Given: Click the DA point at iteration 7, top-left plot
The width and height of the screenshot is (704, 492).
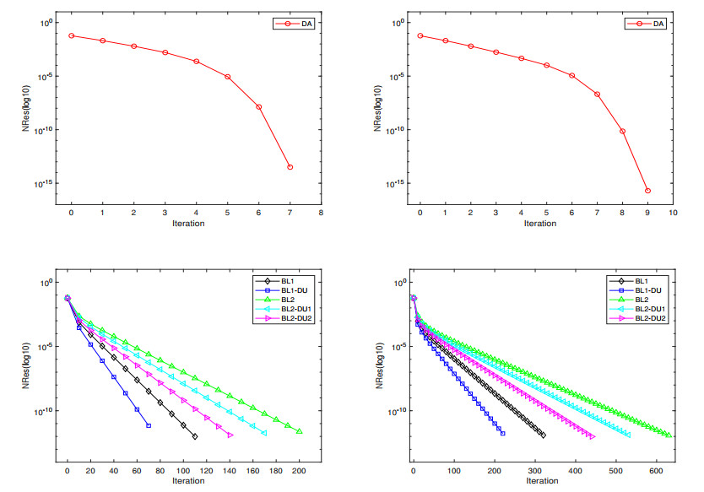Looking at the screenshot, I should [x=290, y=167].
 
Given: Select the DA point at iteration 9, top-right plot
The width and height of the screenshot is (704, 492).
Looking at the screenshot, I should [x=647, y=191].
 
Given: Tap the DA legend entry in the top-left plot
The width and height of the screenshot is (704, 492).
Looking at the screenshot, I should [x=294, y=24].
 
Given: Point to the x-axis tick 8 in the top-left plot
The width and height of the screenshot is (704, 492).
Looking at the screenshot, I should [x=321, y=213].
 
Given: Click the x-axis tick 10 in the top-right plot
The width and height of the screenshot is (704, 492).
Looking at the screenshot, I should [x=673, y=213].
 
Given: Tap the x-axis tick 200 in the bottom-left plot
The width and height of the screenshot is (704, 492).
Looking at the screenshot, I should [x=299, y=470].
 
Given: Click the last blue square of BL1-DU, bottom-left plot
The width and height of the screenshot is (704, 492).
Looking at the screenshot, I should [x=149, y=425].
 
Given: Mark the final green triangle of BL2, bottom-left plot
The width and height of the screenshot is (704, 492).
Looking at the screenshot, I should [x=299, y=431].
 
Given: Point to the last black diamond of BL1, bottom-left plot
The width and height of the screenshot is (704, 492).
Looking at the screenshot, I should [x=195, y=436].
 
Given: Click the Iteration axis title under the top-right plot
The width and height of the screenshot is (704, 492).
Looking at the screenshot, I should [x=540, y=224].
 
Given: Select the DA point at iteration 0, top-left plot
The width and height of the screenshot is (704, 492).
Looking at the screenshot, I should [x=72, y=35].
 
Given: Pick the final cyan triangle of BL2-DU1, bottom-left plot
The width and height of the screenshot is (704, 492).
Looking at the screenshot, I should [x=264, y=433].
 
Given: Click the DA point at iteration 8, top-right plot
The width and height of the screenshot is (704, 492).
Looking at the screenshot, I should [x=622, y=131].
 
